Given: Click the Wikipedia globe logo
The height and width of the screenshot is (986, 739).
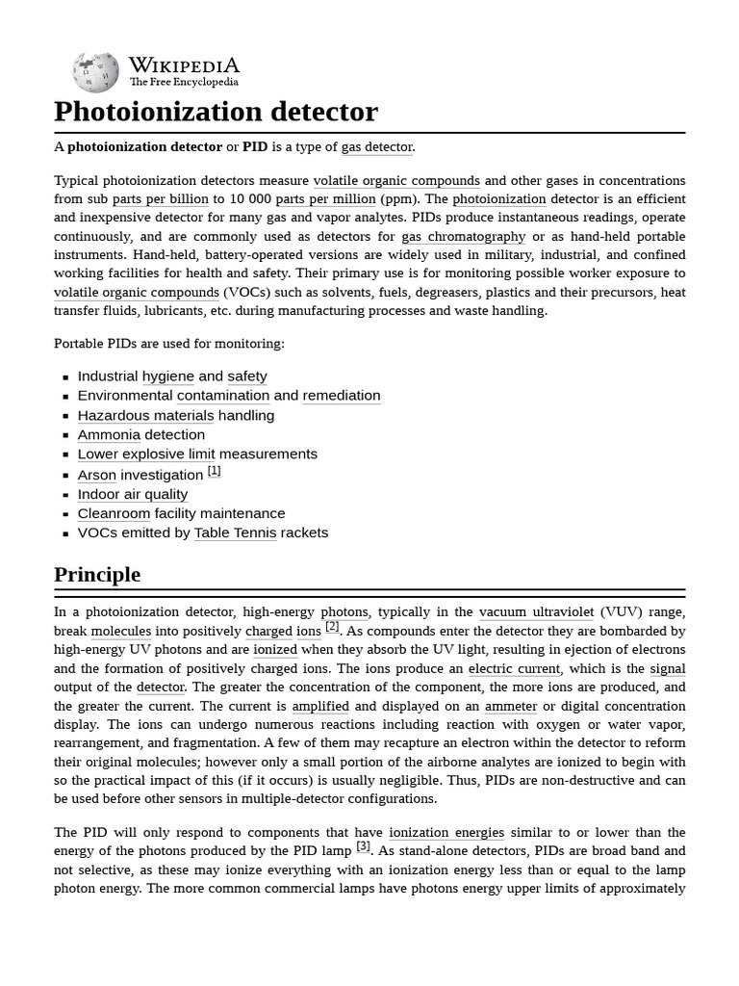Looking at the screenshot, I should pos(95,72).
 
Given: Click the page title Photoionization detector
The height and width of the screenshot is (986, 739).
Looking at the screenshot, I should pos(216,112).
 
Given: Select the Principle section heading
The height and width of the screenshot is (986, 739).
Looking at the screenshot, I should pos(97,575).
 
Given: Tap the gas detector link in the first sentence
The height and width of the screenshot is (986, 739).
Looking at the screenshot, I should pos(376,147).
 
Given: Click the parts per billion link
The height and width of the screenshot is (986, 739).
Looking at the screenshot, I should pos(160,199).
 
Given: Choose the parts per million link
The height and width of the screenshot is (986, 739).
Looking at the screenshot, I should pos(325,199).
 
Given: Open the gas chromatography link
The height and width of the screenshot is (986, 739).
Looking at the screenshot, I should pos(463,237).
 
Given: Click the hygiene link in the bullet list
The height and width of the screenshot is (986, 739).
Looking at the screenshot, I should pos(167,376).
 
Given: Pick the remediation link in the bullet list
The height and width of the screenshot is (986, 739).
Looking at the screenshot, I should pos(341,396).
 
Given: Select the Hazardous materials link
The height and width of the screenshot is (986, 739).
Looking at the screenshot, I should pos(145,416).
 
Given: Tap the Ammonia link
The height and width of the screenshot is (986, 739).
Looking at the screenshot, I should pos(109,435).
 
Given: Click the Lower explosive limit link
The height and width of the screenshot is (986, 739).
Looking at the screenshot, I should pos(146,454).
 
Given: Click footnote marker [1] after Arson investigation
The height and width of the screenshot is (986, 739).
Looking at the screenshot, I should pos(214,471).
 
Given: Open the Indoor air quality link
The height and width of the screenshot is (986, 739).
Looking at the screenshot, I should pos(133,495).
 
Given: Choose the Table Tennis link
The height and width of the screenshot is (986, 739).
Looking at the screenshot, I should pos(235,533).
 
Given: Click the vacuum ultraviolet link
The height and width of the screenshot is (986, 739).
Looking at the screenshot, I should pos(536,612).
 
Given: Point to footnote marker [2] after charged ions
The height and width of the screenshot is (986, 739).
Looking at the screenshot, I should pos(332,627).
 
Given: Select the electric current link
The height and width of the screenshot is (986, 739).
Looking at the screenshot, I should pos(515,668).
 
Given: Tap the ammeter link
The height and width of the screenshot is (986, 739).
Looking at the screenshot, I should pos(510,706).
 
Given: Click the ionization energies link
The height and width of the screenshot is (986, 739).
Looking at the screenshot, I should pos(446,832).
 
